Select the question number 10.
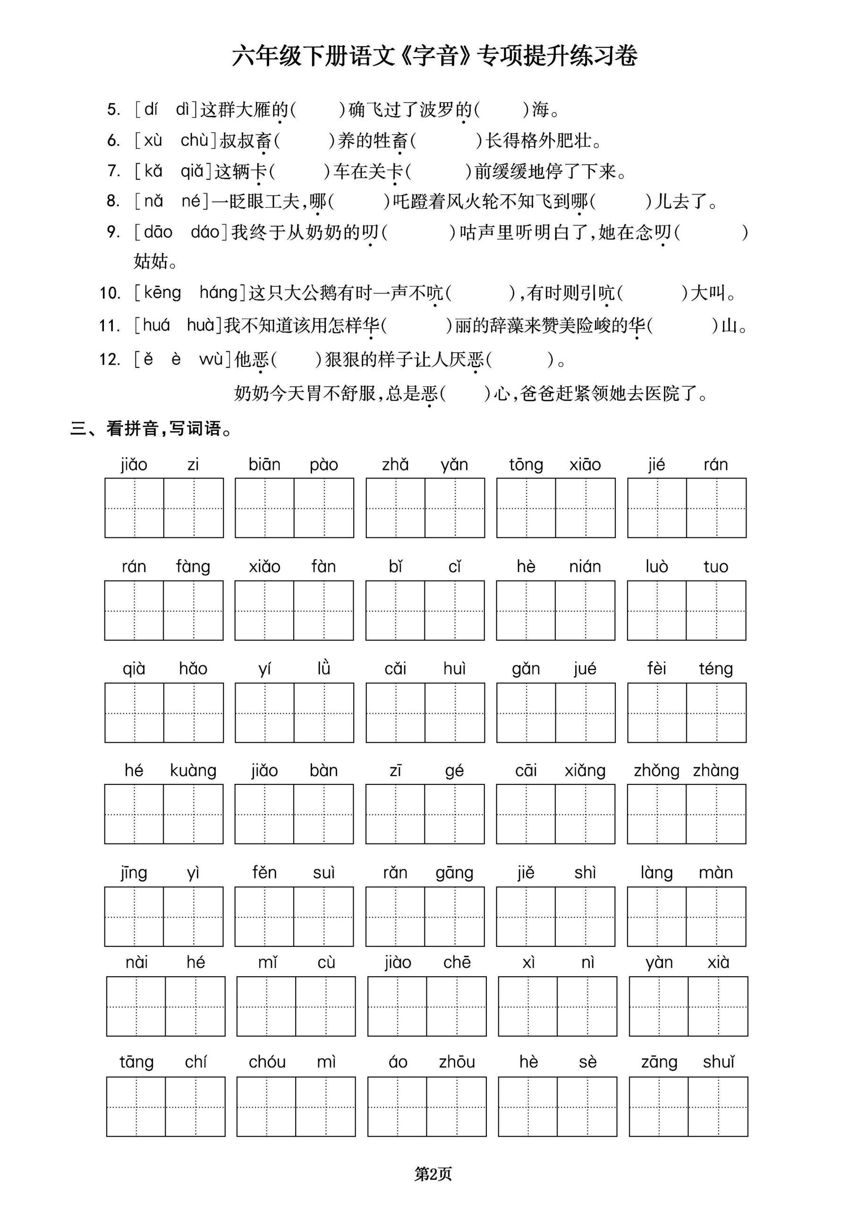tap(110, 293)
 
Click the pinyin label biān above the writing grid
tap(264, 464)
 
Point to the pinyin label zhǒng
tap(656, 770)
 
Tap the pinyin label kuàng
tap(193, 770)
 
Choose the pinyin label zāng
tap(659, 1062)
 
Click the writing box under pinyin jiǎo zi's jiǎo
tap(134, 508)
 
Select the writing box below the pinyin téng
tap(716, 713)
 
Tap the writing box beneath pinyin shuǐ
tap(718, 1107)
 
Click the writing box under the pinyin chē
tap(456, 1006)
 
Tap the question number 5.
tap(114, 110)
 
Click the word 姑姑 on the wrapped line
tap(151, 261)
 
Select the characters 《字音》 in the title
tap(435, 56)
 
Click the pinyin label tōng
tap(526, 464)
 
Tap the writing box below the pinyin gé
tap(454, 814)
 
